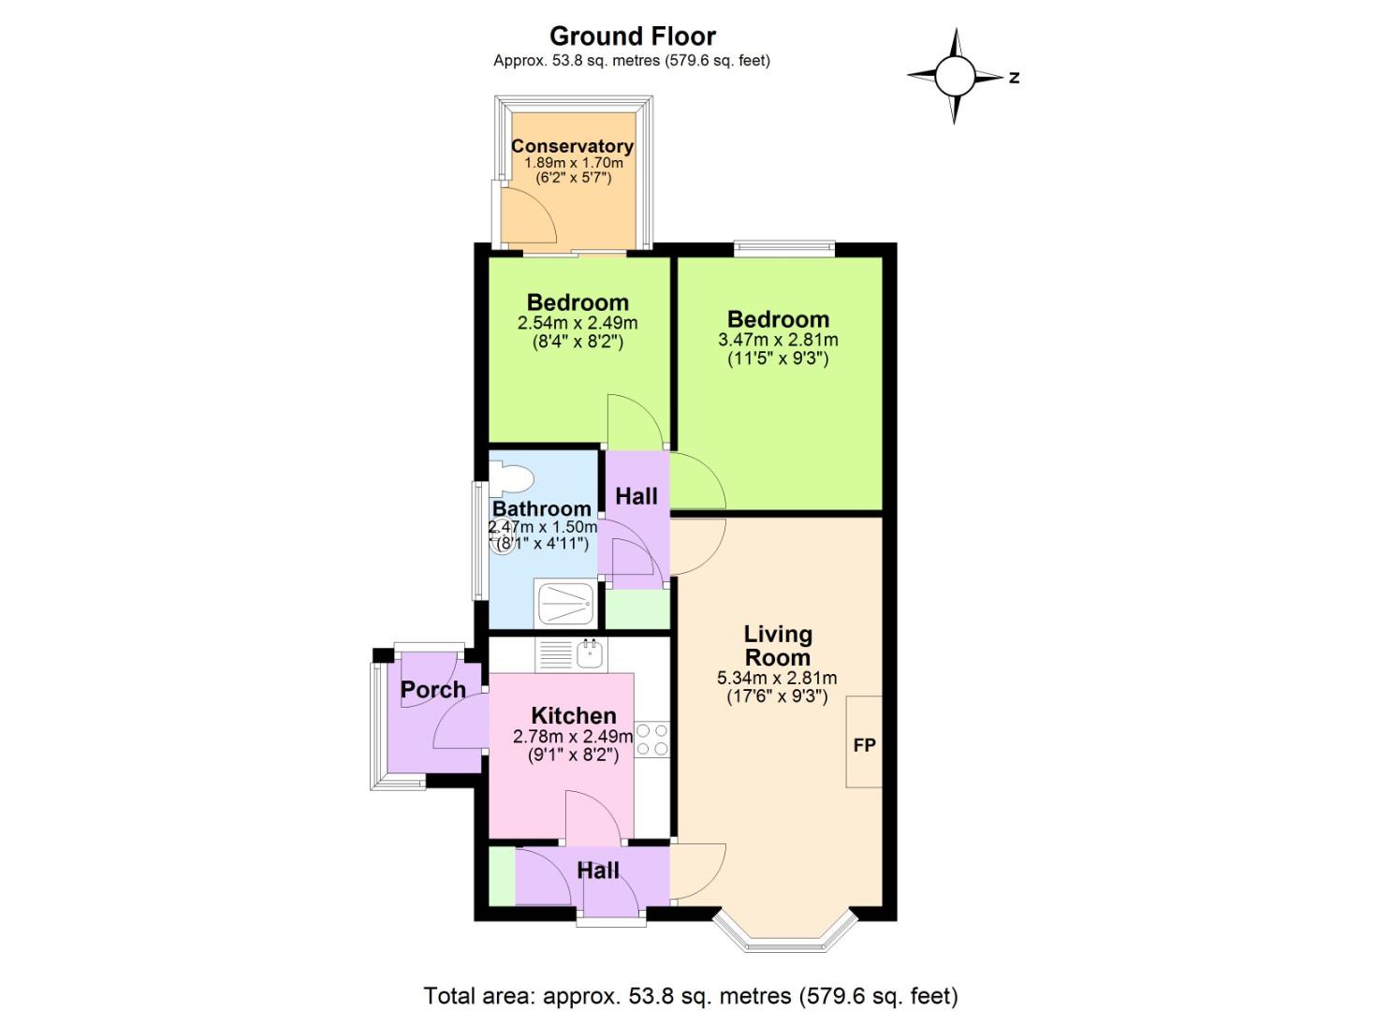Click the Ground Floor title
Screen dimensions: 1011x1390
pyautogui.click(x=632, y=37)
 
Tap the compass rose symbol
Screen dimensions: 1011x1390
pyautogui.click(x=955, y=76)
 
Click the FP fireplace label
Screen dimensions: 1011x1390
pyautogui.click(x=864, y=745)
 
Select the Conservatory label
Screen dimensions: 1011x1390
pyautogui.click(x=572, y=146)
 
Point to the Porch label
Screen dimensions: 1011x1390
pyautogui.click(x=432, y=690)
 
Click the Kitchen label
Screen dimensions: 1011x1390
pyautogui.click(x=574, y=716)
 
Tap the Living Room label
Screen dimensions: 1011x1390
pyautogui.click(x=777, y=646)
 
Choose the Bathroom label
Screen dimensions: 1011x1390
pyautogui.click(x=541, y=509)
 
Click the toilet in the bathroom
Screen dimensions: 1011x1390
pyautogui.click(x=511, y=478)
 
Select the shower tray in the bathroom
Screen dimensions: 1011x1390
pyautogui.click(x=564, y=604)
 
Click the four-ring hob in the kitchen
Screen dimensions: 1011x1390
pyautogui.click(x=652, y=739)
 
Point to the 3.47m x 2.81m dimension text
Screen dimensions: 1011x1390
pyautogui.click(x=777, y=340)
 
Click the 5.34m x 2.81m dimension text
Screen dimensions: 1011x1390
pyautogui.click(x=777, y=679)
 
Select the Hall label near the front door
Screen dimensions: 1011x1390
pyautogui.click(x=598, y=871)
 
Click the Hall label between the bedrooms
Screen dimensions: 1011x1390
pyautogui.click(x=636, y=496)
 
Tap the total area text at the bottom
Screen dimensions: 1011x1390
pyautogui.click(x=691, y=995)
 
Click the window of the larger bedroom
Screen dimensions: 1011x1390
pyautogui.click(x=783, y=249)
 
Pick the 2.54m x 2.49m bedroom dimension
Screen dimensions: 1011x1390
pyautogui.click(x=578, y=323)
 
